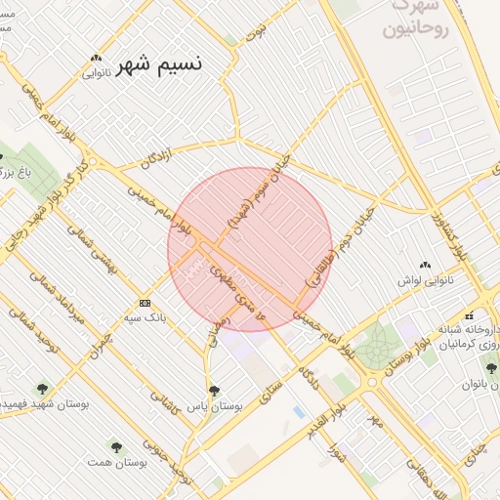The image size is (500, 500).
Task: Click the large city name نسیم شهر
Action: [x=160, y=64]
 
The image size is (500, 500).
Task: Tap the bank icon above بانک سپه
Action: [x=145, y=304]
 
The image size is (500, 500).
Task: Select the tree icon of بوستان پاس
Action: [x=215, y=390]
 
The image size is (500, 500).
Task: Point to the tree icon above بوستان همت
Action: [x=117, y=444]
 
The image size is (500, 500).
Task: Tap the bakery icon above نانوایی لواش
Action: [x=424, y=265]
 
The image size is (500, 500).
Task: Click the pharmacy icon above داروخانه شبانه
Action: [x=470, y=314]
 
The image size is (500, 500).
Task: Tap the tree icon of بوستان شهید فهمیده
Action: [x=40, y=388]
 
